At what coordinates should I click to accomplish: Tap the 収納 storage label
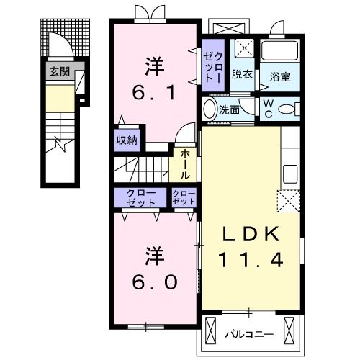[127, 140]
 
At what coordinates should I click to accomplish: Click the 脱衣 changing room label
[242, 74]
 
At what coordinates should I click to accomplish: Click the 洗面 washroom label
[229, 111]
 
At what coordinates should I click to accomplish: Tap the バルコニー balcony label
[248, 334]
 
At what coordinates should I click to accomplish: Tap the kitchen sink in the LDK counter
[290, 174]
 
